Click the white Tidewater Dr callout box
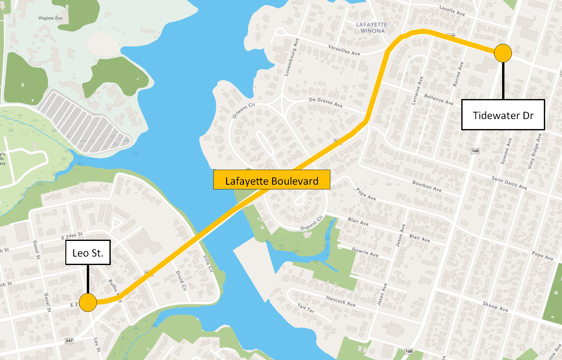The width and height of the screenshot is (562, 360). [x=503, y=115]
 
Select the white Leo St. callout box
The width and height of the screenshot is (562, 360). [x=88, y=252]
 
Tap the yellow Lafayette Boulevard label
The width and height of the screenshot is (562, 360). [x=271, y=180]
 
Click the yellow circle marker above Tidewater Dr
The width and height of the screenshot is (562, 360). [x=503, y=53]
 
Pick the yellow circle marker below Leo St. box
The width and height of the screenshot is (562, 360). [x=88, y=302]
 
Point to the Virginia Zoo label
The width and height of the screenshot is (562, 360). [x=50, y=18]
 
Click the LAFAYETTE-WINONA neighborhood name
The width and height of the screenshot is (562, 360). [x=372, y=27]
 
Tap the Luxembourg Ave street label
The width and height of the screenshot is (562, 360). [x=291, y=57]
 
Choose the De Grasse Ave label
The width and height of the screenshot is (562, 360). [x=326, y=102]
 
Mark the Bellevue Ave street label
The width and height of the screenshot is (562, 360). [x=438, y=99]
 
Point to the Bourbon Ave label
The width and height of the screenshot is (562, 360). [x=427, y=186]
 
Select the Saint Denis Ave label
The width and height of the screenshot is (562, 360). [x=509, y=183]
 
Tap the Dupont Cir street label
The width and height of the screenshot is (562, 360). [x=311, y=223]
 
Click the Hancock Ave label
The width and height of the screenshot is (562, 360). [x=341, y=301]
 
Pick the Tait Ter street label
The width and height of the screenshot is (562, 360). [x=306, y=308]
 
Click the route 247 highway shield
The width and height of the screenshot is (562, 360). [x=69, y=341]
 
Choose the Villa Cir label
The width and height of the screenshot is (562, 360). [x=208, y=263]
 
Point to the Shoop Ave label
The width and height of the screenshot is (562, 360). [x=495, y=306]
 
